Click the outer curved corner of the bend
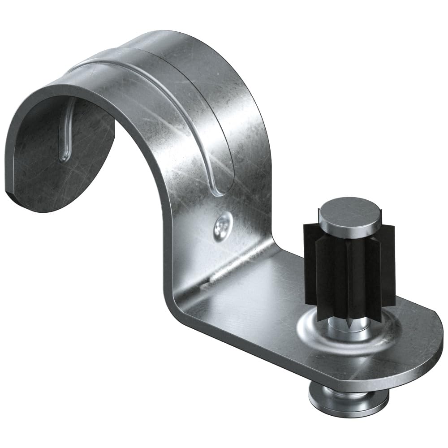click(x=172, y=309)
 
